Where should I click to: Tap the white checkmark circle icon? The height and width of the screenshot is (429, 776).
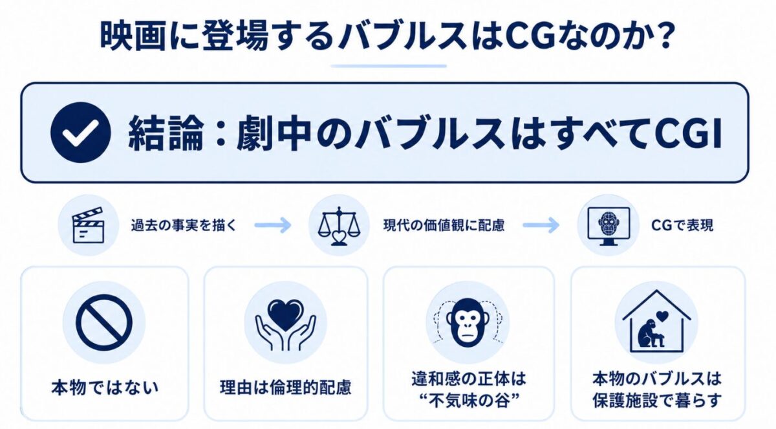coord(81,133)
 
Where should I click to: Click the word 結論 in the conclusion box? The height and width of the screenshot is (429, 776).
coord(166,133)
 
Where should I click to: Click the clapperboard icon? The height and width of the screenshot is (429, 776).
coord(88,225)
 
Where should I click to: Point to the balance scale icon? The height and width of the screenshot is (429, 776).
coord(339,226)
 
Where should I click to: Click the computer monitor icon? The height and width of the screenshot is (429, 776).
coord(609,226)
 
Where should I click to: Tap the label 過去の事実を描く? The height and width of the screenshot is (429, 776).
coord(184,226)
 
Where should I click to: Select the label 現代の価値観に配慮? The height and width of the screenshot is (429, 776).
coord(444,226)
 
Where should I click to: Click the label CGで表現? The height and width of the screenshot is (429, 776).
coord(682,226)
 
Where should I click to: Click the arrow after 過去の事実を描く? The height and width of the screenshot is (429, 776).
coord(273,225)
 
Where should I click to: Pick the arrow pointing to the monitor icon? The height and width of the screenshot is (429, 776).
coord(541,225)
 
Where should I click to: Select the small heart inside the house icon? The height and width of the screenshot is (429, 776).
coord(662,316)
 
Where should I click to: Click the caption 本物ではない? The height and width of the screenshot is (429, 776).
coord(105,388)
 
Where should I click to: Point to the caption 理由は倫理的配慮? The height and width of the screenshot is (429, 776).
coord(285,388)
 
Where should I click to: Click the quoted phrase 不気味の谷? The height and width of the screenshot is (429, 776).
coord(469,401)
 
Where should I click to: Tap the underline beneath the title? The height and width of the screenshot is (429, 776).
coord(389,66)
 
